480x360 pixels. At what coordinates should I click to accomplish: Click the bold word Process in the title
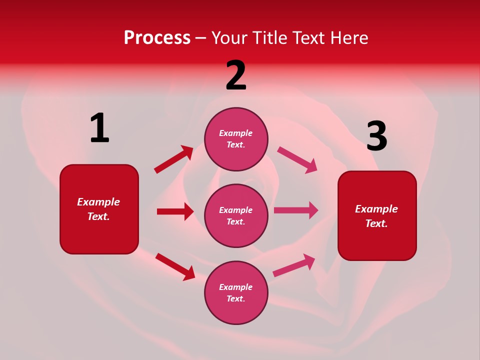pyautogui.click(x=157, y=38)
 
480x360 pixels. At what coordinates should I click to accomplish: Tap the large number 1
pyautogui.click(x=99, y=128)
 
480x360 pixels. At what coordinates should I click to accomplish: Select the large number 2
pyautogui.click(x=236, y=75)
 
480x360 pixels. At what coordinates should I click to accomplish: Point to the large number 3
pyautogui.click(x=377, y=136)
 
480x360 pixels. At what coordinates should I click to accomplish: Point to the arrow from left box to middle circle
pyautogui.click(x=175, y=211)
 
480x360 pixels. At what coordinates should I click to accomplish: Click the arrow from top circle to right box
pyautogui.click(x=297, y=160)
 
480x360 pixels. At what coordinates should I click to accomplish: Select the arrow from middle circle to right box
pyautogui.click(x=296, y=210)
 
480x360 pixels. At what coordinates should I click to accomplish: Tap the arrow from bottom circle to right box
pyautogui.click(x=294, y=265)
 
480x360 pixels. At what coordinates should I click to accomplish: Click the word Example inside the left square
pyautogui.click(x=98, y=202)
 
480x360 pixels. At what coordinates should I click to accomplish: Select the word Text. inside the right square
pyautogui.click(x=376, y=223)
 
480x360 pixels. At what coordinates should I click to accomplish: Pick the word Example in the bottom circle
pyautogui.click(x=236, y=287)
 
